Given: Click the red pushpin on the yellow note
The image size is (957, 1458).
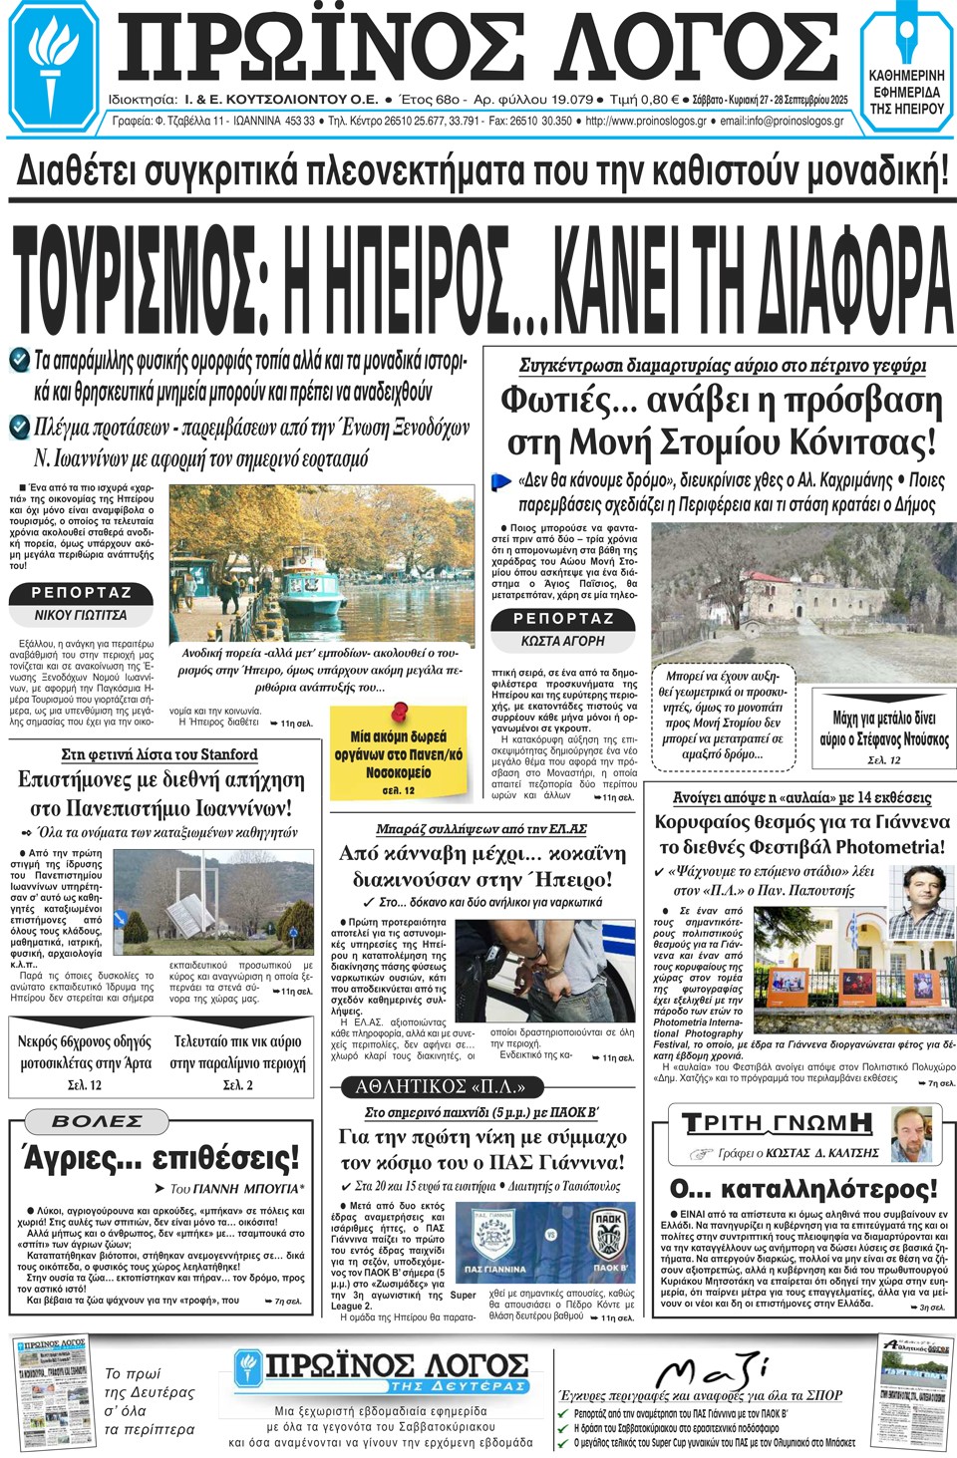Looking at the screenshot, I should click(x=400, y=712).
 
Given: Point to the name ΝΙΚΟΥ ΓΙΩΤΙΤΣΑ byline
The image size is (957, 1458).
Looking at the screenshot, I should click(x=81, y=615).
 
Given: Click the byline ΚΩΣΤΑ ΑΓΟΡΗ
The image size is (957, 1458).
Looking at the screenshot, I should click(x=562, y=641).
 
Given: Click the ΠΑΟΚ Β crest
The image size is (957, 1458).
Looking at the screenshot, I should click(x=607, y=1237).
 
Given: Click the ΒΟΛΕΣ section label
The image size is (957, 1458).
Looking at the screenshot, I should click(x=97, y=1121).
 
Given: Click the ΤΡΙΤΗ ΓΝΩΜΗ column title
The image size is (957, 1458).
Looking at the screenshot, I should click(x=777, y=1123).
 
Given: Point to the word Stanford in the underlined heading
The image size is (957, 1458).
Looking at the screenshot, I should click(x=223, y=754).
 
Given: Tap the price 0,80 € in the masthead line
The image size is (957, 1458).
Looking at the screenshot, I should click(x=657, y=100).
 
